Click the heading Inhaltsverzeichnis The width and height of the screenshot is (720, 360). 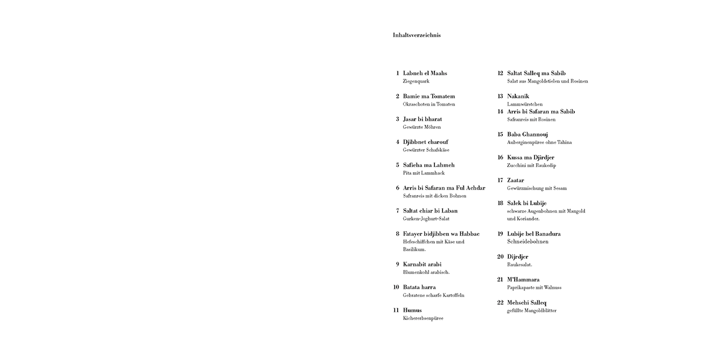pos(416,35)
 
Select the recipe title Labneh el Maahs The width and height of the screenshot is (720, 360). pos(425,73)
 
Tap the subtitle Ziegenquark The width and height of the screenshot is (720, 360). pos(416,82)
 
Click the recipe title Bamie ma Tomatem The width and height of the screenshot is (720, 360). pos(429,96)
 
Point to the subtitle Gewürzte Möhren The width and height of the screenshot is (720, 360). pos(422,127)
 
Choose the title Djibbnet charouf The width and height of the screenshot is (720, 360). pos(425,142)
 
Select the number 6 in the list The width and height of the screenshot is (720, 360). pos(397,188)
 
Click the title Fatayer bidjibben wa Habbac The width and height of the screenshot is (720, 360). pos(441,234)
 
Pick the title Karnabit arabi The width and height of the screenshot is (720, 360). pos(422,264)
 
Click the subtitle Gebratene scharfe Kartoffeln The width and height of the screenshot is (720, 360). pos(433,295)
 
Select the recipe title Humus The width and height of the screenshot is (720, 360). pos(412,310)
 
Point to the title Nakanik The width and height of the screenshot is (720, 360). pos(518,96)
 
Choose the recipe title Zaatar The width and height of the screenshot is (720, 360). pos(515,181)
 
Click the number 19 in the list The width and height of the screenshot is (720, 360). pos(500,234)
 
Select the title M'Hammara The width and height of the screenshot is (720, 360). pos(523,280)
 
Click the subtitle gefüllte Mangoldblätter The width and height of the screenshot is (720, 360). pos(532,310)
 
